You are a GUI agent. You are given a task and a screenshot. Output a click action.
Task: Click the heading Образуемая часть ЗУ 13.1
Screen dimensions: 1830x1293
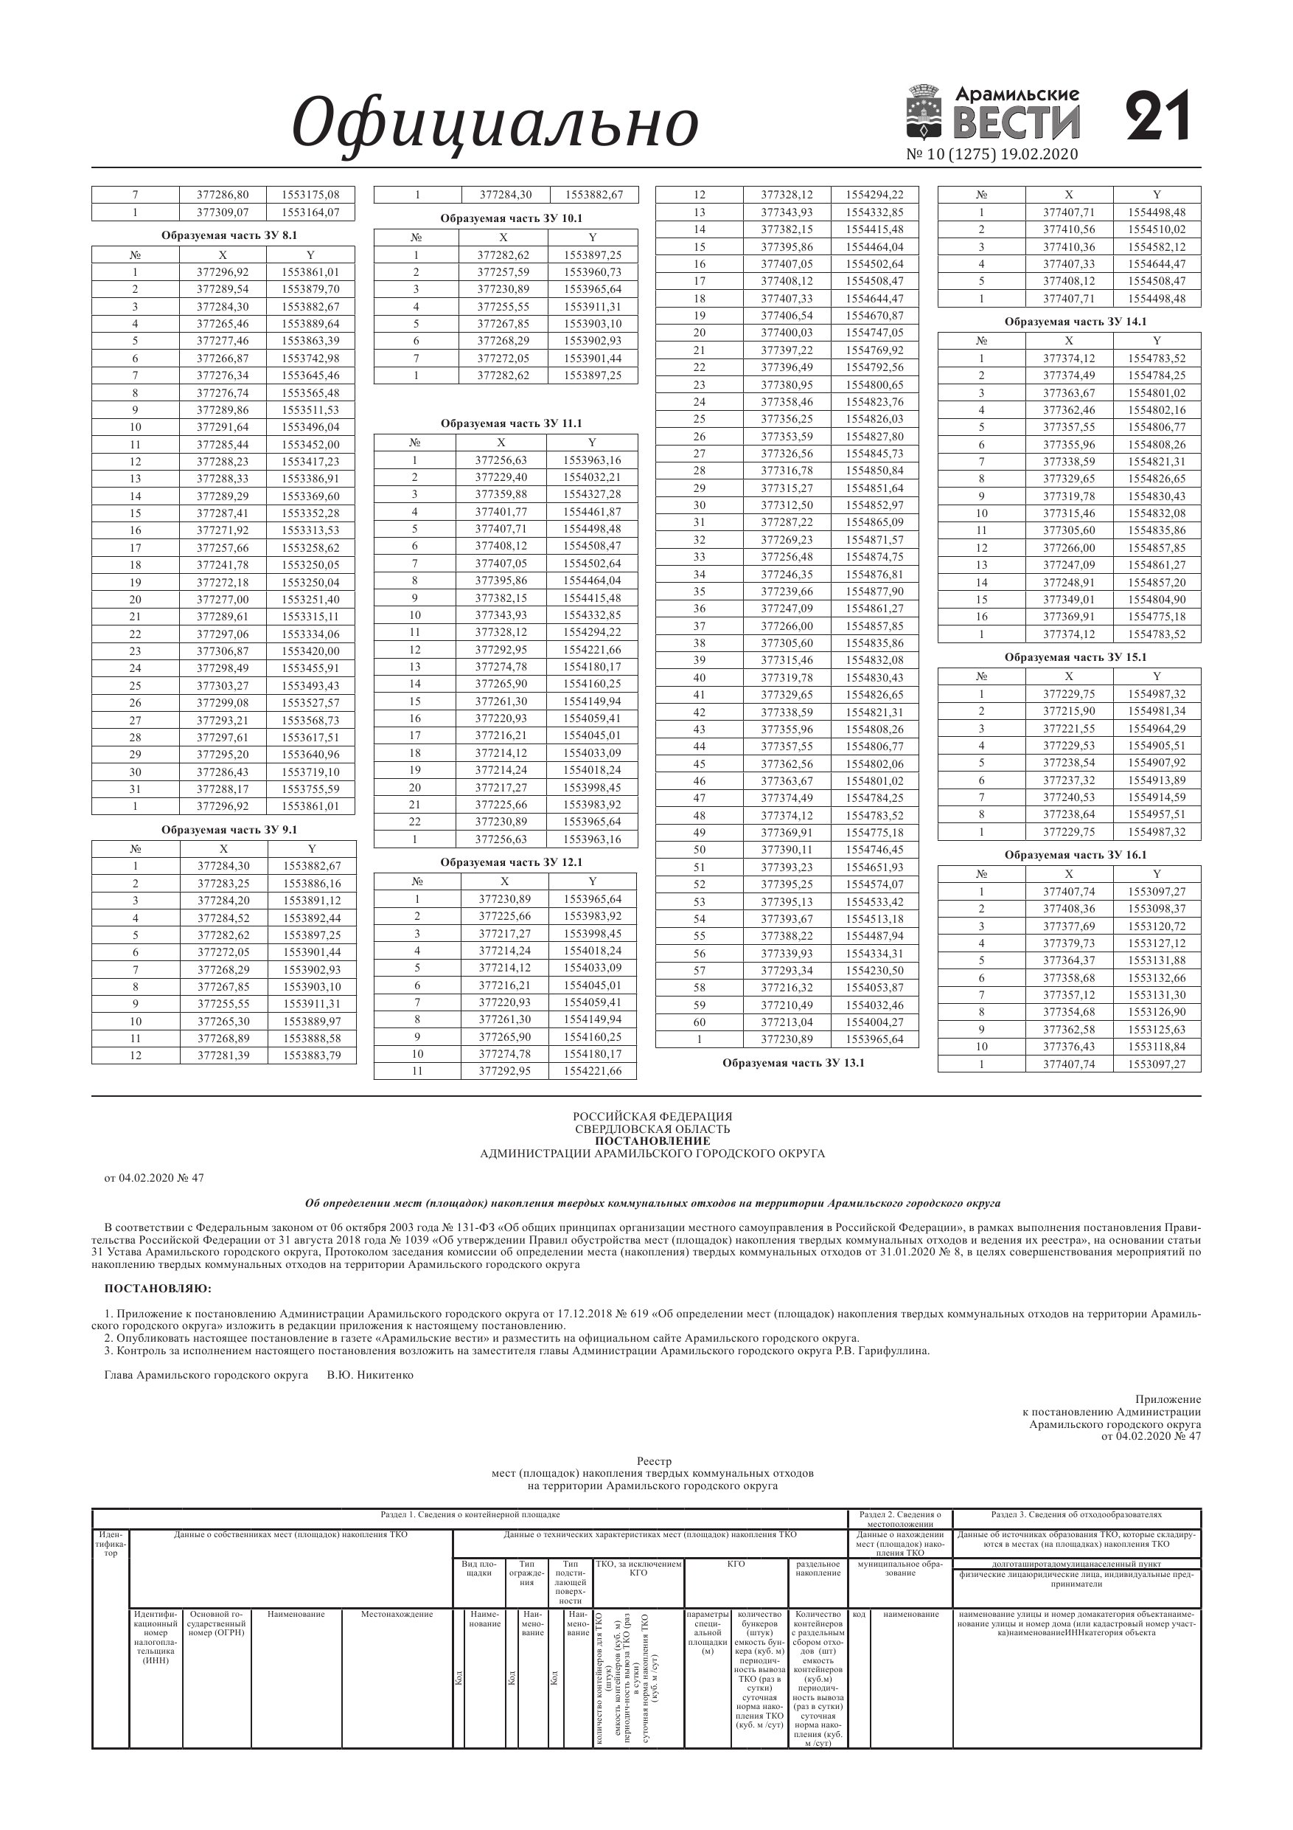792,1062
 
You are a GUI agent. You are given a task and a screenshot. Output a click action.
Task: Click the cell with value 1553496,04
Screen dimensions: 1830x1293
310,427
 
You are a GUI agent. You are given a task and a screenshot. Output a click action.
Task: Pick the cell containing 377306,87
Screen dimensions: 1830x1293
223,651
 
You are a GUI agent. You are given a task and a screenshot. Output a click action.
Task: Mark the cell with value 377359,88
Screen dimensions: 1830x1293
501,494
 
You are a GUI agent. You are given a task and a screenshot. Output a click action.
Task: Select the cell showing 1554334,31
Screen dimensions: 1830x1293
874,953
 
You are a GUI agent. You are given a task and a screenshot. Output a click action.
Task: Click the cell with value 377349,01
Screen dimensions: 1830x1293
1068,600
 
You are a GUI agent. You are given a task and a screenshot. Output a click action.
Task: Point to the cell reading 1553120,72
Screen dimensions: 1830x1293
1156,926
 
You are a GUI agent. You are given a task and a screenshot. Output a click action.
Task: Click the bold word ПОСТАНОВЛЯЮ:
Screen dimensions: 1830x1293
158,1288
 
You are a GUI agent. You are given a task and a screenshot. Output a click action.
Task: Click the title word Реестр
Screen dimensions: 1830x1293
654,1461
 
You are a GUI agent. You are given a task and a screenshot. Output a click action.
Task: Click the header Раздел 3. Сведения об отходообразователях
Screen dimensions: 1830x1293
1076,1514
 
